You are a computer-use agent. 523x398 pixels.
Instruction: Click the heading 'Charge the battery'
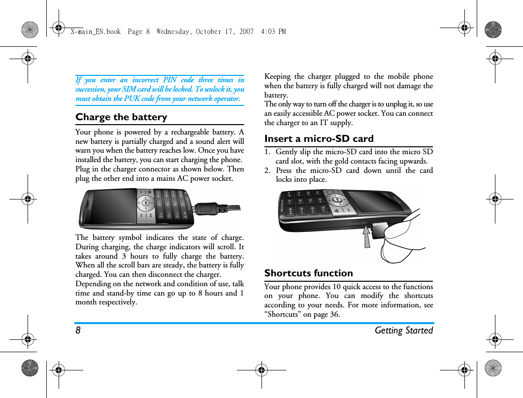pos(121,117)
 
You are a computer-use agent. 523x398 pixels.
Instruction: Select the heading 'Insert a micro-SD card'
pos(319,139)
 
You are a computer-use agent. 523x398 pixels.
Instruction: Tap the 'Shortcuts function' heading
pos(308,273)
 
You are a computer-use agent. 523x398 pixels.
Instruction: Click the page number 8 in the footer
pos(78,331)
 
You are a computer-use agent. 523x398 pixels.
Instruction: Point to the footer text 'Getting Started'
pos(403,331)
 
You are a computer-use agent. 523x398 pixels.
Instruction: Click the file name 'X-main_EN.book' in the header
pos(95,32)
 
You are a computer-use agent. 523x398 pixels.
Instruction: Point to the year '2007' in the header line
pos(246,32)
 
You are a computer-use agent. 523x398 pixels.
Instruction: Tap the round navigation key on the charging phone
pos(146,202)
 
